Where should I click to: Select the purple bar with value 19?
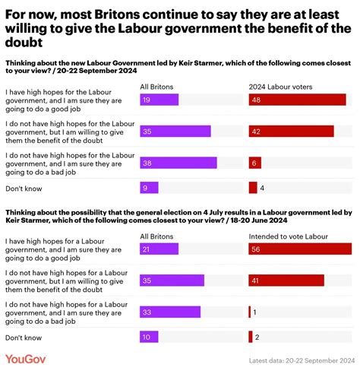coord(159,99)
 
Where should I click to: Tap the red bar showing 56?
coord(300,249)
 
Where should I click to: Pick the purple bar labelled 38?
coord(178,162)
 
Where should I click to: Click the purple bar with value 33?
coord(170,312)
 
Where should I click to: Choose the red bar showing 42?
coord(291,131)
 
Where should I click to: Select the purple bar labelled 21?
coord(159,249)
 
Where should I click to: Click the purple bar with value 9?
coord(150,187)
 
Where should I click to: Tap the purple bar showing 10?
coord(150,337)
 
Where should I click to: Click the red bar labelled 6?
coord(255,162)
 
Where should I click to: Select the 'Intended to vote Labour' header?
coord(286,236)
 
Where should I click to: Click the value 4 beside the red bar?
coord(262,187)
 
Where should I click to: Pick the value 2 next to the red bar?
coord(258,337)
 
